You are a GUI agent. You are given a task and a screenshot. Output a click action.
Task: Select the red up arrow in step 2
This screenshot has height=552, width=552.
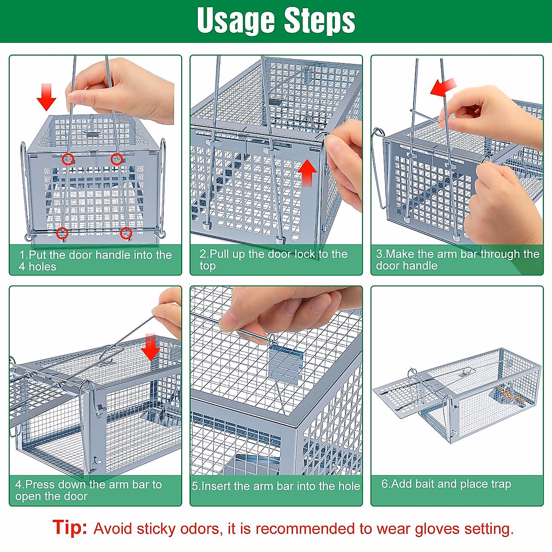pyautogui.click(x=307, y=172)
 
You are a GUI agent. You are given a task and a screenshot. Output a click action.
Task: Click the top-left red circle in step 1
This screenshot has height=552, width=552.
pyautogui.click(x=68, y=159)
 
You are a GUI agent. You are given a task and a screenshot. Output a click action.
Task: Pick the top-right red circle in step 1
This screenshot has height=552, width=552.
pyautogui.click(x=116, y=159)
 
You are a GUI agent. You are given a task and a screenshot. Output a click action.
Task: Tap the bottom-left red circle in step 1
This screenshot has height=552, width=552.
pyautogui.click(x=62, y=233)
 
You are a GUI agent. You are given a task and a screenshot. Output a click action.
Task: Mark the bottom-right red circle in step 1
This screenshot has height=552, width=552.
pyautogui.click(x=126, y=233)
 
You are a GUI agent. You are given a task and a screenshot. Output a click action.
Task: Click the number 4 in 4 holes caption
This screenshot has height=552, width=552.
pyautogui.click(x=22, y=267)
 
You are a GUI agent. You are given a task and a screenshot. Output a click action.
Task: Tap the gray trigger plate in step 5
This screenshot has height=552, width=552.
pyautogui.click(x=285, y=366)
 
